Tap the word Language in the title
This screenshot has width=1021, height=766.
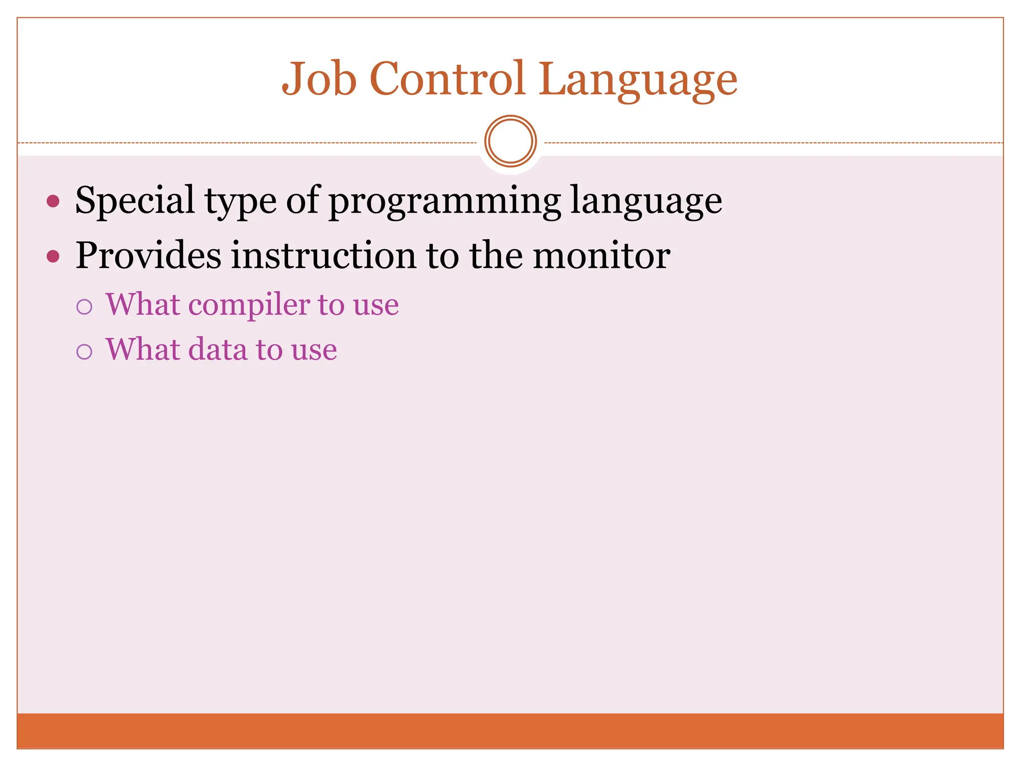[638, 80]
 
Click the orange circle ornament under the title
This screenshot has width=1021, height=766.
[510, 141]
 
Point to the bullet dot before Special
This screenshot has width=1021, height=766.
[53, 201]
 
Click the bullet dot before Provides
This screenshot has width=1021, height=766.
[53, 256]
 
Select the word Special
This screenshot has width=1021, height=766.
[135, 200]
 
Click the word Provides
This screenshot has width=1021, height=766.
[148, 255]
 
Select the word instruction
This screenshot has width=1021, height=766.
[323, 255]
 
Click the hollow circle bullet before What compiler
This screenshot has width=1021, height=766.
[84, 307]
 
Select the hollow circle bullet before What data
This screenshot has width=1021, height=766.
[84, 352]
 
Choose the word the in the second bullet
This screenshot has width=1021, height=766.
[496, 255]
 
